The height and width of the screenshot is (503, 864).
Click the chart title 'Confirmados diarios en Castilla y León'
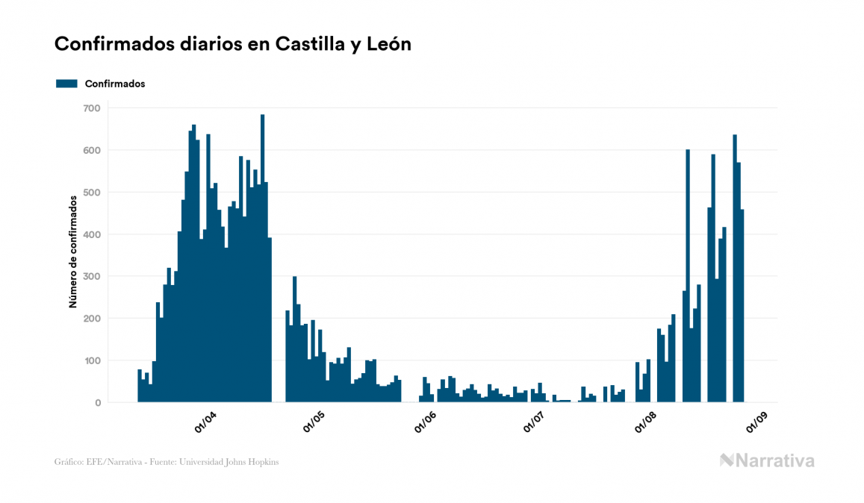[233, 44]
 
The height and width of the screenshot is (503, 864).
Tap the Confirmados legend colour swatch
[66, 84]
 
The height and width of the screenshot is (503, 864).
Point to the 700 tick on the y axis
[91, 108]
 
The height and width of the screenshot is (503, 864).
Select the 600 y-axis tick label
[91, 150]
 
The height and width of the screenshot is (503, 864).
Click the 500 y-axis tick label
[91, 193]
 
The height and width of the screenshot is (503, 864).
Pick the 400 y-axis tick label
[91, 234]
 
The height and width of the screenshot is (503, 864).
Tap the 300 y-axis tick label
[91, 277]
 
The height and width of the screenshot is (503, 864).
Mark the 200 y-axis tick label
[91, 319]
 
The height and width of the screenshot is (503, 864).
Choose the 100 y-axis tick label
[91, 361]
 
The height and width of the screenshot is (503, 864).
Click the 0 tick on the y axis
[97, 403]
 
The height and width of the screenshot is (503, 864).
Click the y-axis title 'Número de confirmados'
[73, 252]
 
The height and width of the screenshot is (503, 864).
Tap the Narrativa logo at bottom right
[767, 460]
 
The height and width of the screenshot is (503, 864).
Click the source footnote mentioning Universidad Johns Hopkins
[167, 462]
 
